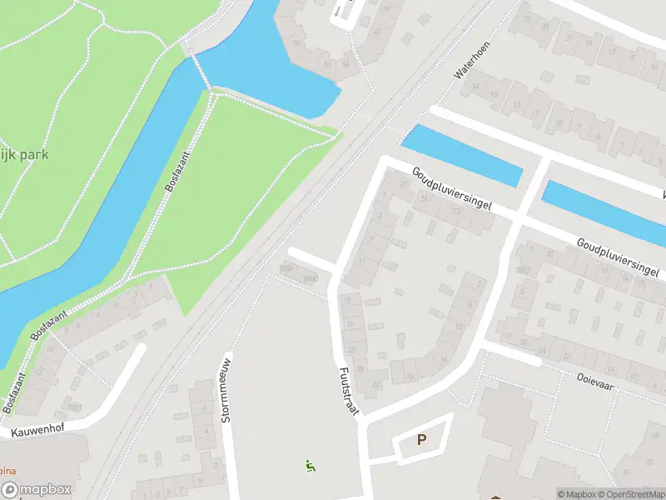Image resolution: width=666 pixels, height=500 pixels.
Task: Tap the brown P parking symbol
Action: coord(421,439)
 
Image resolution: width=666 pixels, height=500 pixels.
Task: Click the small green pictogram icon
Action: coord(311,466)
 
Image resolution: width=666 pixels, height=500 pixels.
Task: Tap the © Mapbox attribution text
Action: coord(576,494)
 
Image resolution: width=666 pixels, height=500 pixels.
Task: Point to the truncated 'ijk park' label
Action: coord(25,154)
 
